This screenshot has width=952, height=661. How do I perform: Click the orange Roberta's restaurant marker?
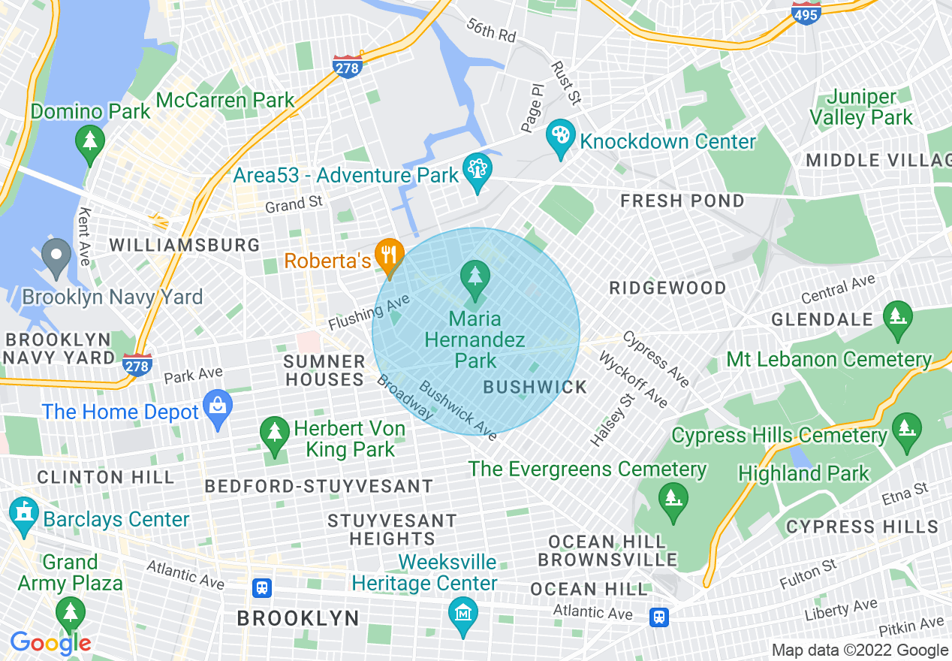coord(388,255)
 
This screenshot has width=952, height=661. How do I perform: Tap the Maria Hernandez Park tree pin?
coord(474,276)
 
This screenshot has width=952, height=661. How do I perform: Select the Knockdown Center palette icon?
coord(560,137)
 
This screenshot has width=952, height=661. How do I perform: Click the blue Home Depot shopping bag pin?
coord(218,408)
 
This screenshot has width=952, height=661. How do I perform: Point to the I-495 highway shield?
coord(806,13)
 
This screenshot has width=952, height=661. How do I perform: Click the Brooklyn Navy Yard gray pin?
coord(56,257)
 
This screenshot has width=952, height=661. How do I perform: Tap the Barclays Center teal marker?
coord(23,516)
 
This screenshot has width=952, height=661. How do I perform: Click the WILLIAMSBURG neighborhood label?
coord(185,245)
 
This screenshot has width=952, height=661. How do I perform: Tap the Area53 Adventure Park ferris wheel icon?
coord(477,172)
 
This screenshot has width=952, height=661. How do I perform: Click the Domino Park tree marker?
coord(90,143)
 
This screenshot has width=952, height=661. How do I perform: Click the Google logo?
coord(50,643)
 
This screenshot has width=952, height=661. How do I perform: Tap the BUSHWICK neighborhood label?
coord(535,387)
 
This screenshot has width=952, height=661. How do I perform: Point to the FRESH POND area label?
coord(682,201)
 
